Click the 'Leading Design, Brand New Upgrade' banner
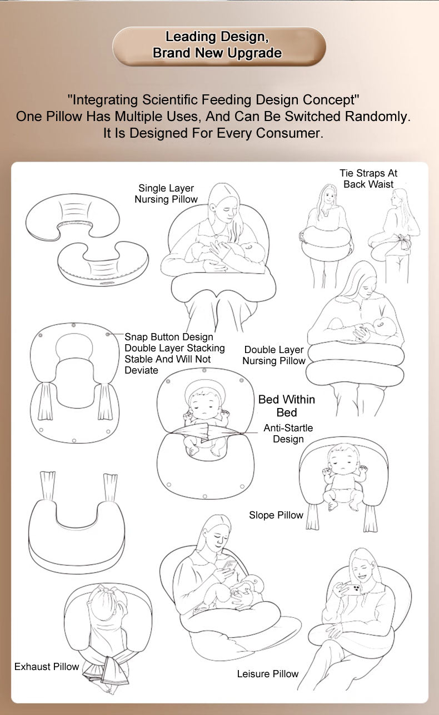(x=219, y=46)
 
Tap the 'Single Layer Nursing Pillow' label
(x=166, y=193)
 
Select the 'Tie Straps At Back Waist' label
(x=368, y=178)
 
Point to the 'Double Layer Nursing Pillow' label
(x=274, y=355)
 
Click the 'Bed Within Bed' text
(x=287, y=406)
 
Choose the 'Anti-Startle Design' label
(x=288, y=433)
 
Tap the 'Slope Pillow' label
(x=276, y=515)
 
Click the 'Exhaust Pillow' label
(x=47, y=667)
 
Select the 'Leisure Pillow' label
(x=268, y=674)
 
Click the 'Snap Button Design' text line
(x=169, y=337)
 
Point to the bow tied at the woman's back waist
(x=403, y=241)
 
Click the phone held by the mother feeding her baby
(x=230, y=566)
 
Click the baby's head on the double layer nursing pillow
(x=383, y=326)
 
